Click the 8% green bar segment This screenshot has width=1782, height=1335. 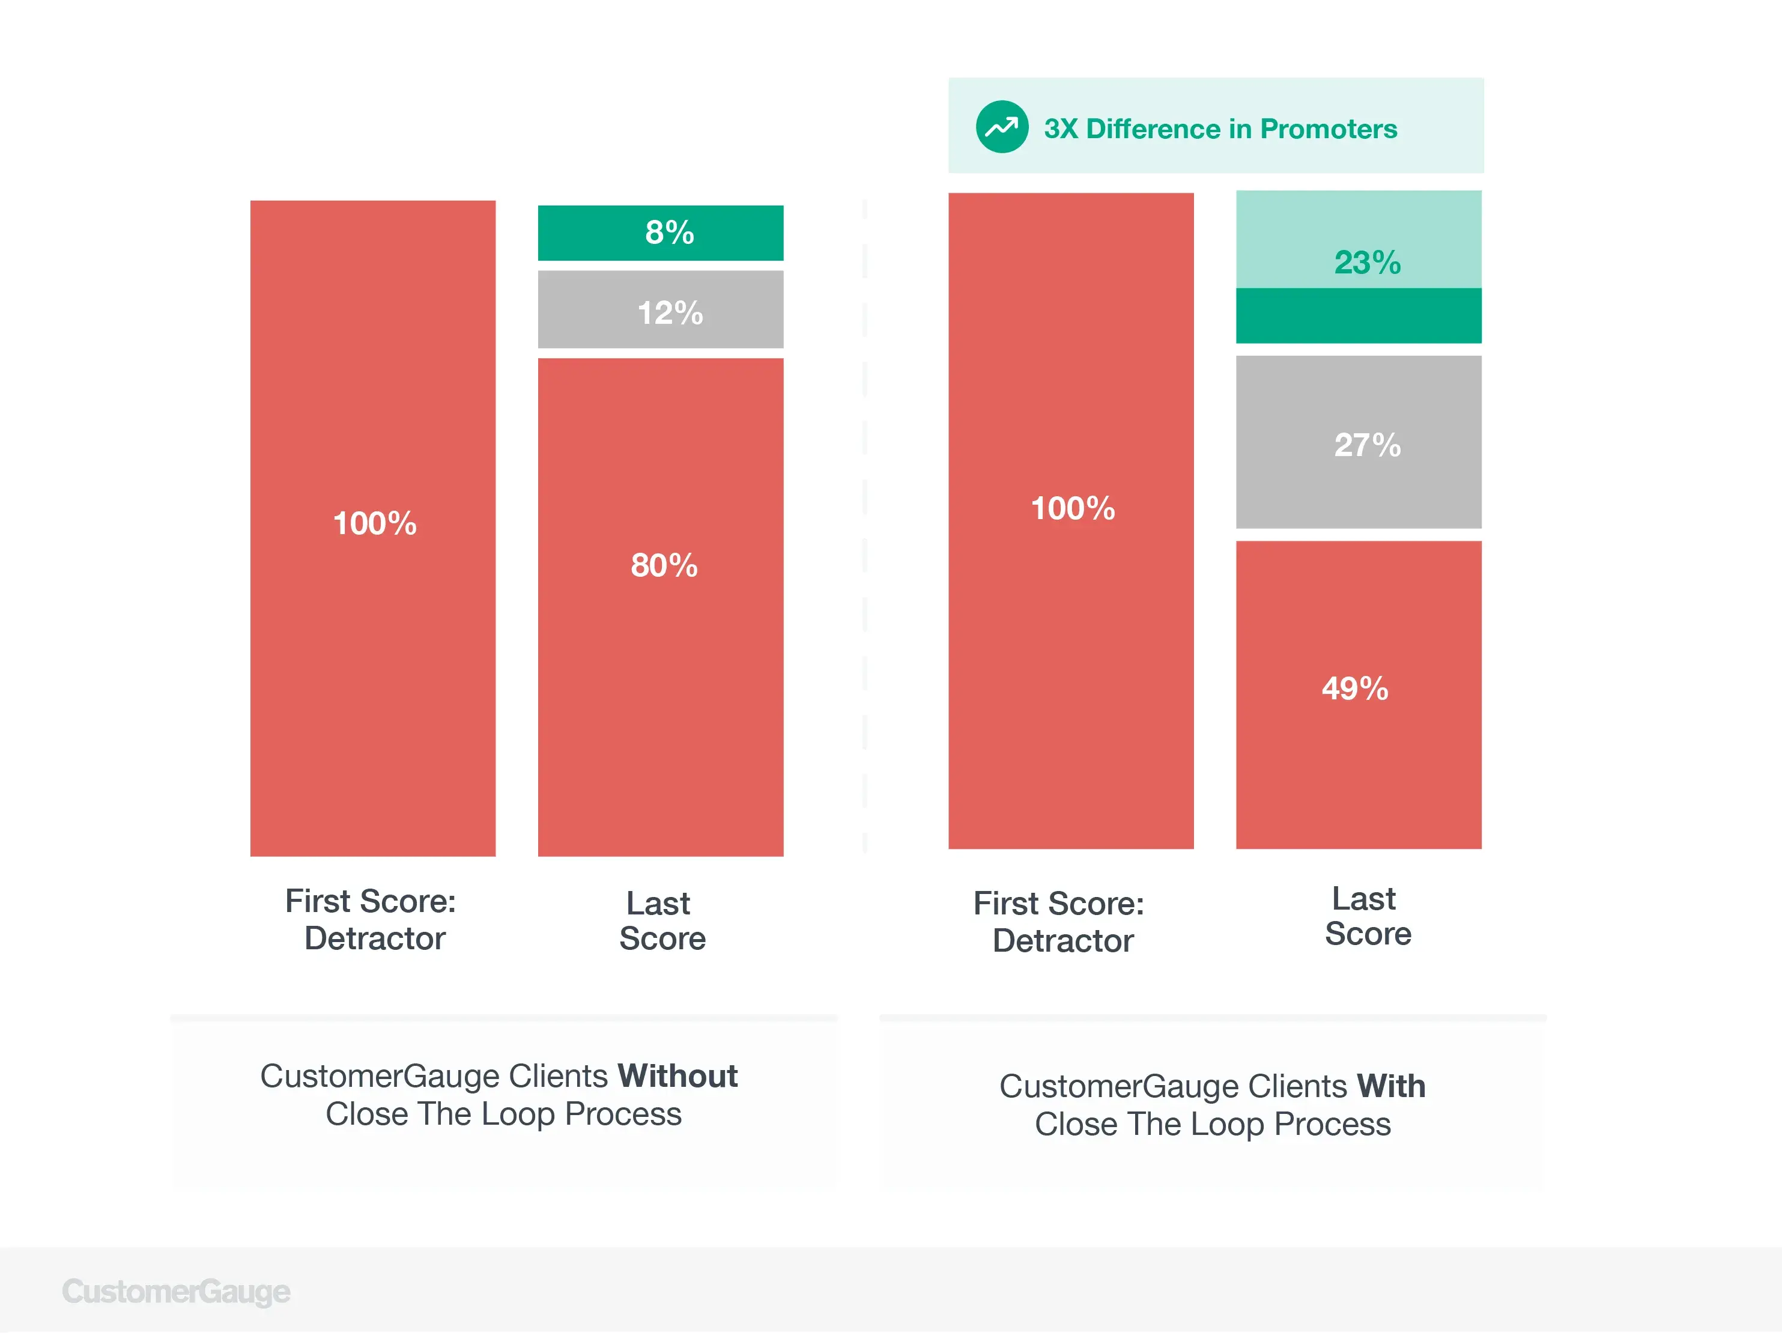(661, 233)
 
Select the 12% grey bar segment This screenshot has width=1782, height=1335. (661, 310)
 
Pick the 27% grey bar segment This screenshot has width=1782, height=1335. (1358, 442)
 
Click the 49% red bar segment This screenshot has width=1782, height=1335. (1358, 694)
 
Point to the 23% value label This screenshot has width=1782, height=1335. (1367, 263)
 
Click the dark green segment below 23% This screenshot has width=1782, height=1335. (1358, 316)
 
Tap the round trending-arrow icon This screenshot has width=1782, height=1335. (1001, 127)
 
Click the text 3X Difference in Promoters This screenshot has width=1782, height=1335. (1220, 129)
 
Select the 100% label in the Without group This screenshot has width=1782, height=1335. (375, 524)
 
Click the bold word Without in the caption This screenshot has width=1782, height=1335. (677, 1077)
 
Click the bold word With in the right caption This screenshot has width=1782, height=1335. (1390, 1087)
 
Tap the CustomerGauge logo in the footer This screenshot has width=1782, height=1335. (177, 1292)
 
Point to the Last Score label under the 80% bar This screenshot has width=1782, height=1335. (661, 921)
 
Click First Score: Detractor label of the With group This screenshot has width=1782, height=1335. (1059, 922)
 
